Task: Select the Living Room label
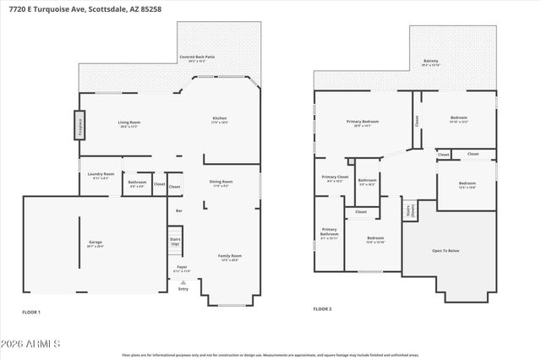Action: [x=128, y=123]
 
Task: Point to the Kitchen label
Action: [x=219, y=119]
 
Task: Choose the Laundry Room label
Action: [x=101, y=175]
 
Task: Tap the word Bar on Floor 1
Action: [x=178, y=210]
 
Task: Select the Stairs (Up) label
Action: [x=175, y=242]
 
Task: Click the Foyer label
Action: [x=182, y=268]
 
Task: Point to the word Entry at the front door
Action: [x=183, y=289]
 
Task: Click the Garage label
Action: [x=96, y=243]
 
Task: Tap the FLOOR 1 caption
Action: [x=31, y=312]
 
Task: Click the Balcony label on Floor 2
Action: [x=430, y=61]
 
